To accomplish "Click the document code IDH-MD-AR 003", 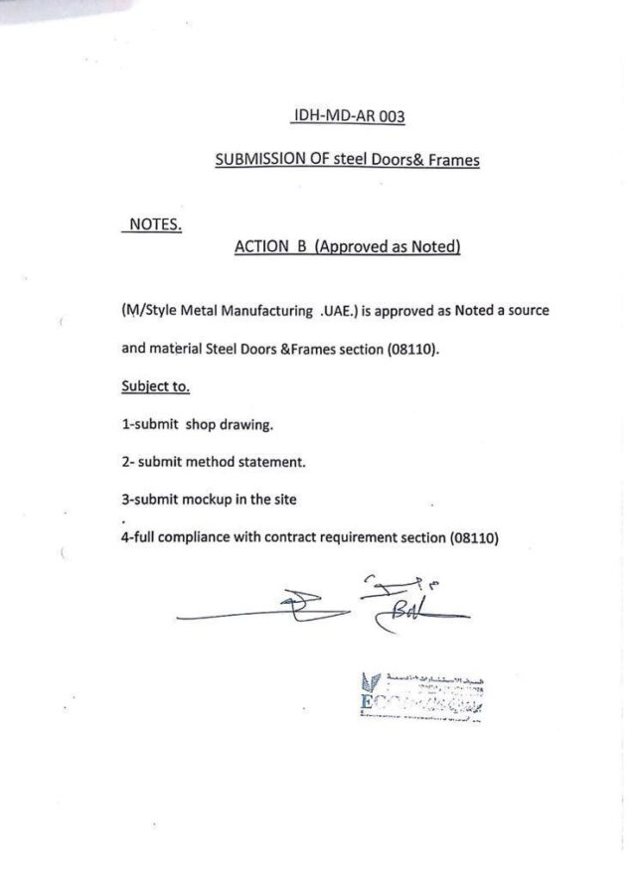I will (348, 116).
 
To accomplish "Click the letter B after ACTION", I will (298, 246).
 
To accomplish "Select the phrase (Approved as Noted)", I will (387, 246).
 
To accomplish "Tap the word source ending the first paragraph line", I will (526, 311).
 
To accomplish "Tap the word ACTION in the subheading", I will (260, 246).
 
